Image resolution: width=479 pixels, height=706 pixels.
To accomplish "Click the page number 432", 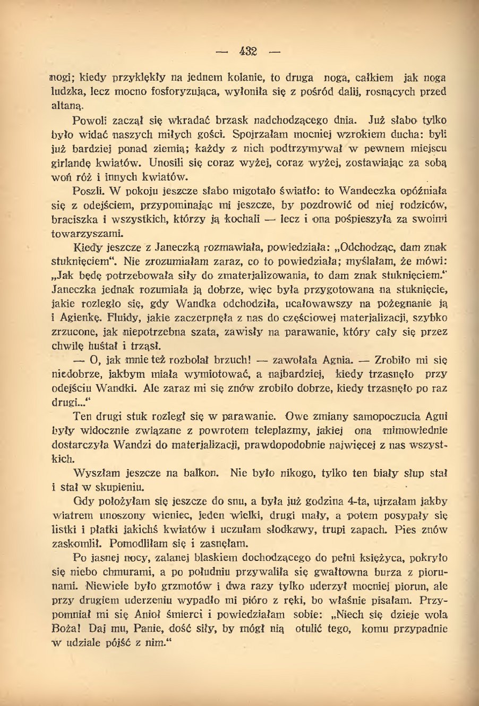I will (x=248, y=52).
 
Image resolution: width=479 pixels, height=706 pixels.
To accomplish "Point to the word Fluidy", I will (x=124, y=318).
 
